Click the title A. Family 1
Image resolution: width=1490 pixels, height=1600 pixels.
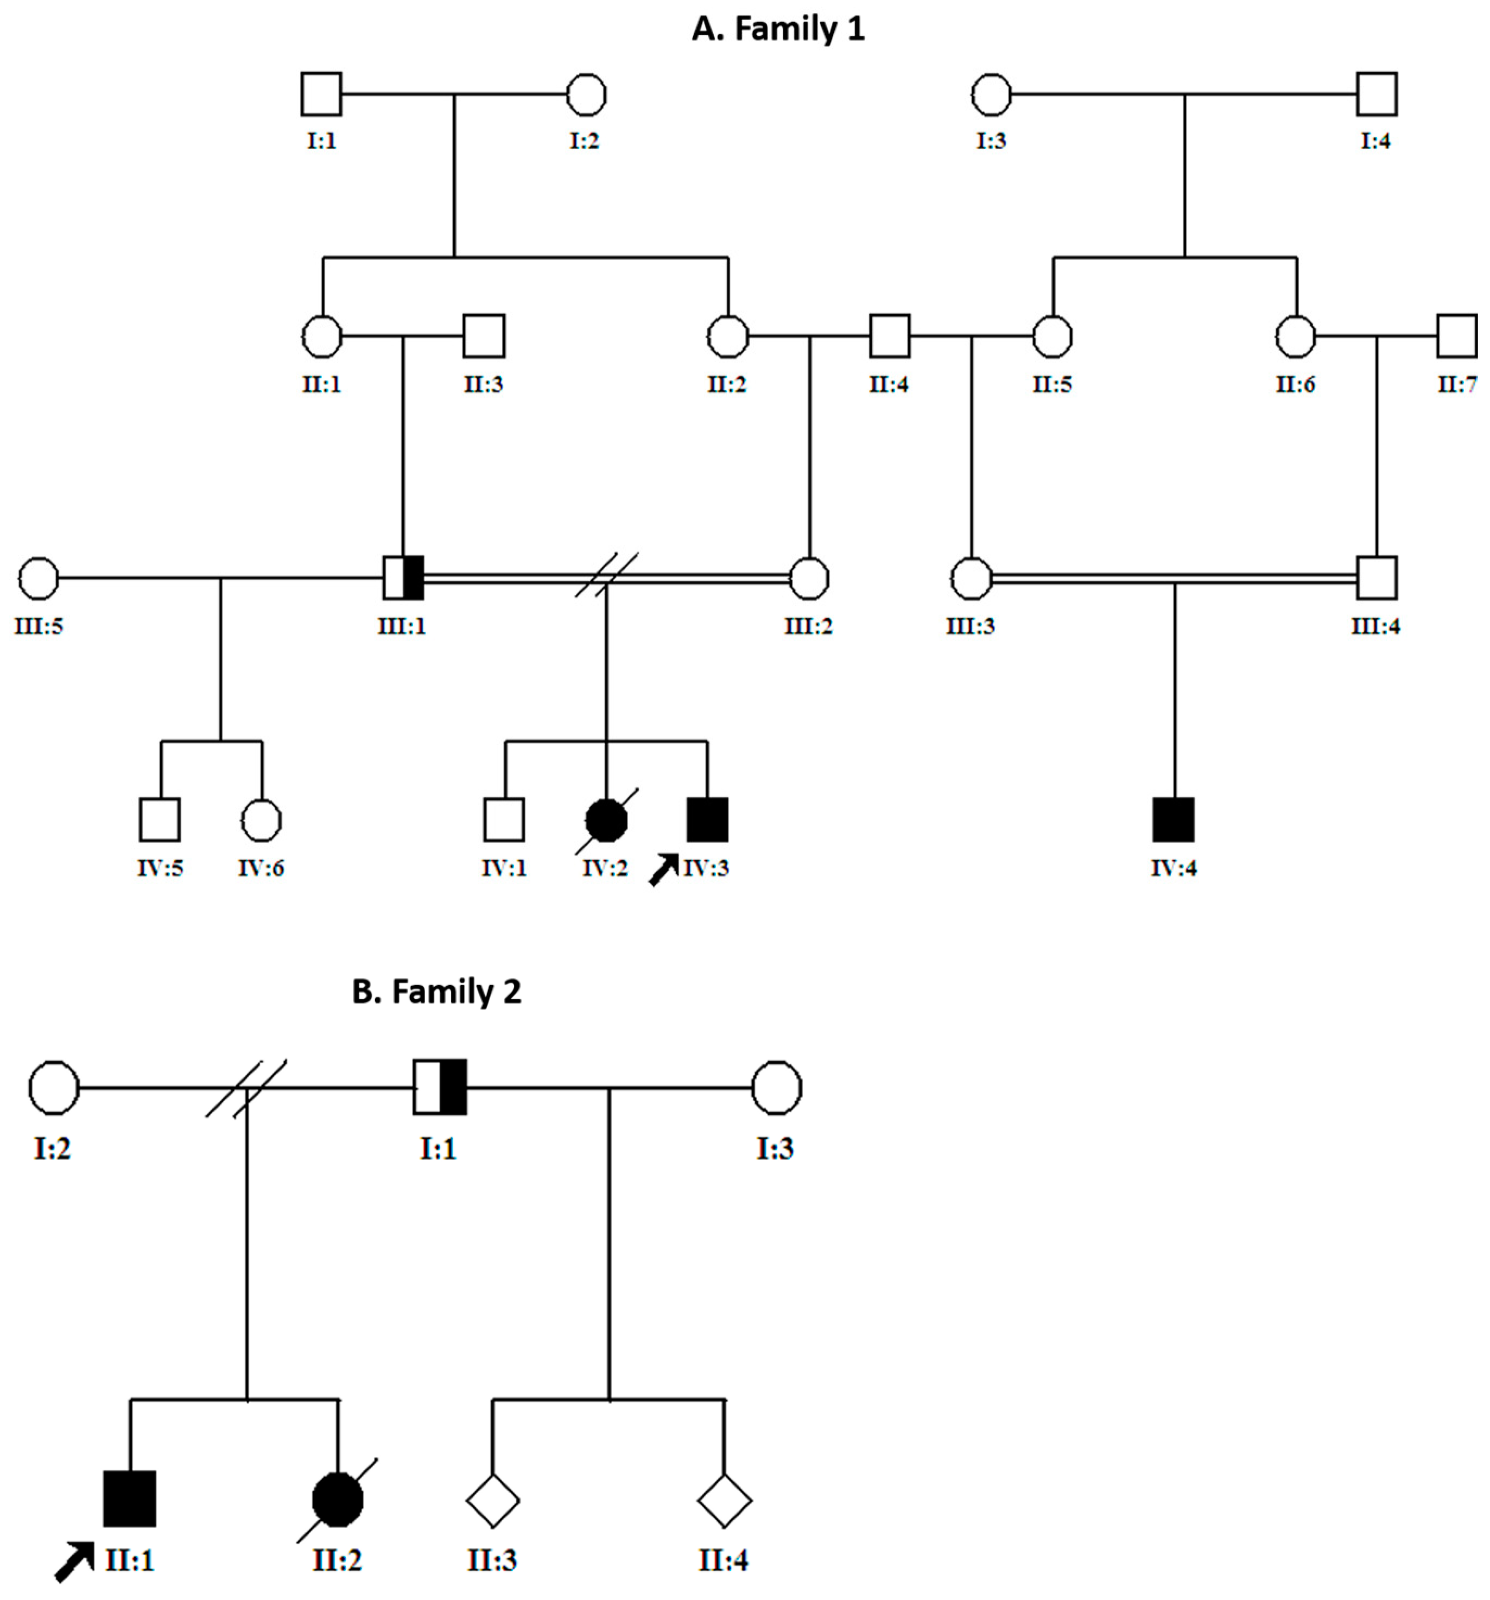coord(778,29)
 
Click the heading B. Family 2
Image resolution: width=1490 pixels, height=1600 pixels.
coord(436,992)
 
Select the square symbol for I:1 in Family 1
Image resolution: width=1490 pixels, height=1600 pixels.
coord(321,94)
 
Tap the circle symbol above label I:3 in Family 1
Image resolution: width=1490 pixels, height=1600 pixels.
coord(991,94)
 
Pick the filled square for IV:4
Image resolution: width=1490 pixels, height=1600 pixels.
coord(1174,820)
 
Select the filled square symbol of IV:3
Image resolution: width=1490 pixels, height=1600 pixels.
coord(707,820)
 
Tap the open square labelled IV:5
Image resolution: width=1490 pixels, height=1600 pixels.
coord(160,820)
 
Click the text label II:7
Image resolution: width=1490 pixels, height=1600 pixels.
coord(1457,385)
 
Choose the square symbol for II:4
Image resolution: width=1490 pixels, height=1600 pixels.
coord(890,335)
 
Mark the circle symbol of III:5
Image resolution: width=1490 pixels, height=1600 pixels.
coord(39,578)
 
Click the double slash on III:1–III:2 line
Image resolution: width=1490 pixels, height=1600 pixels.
coord(606,575)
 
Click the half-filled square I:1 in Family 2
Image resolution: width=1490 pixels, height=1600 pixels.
coord(440,1087)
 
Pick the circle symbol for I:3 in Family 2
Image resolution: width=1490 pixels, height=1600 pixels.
coord(776,1087)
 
